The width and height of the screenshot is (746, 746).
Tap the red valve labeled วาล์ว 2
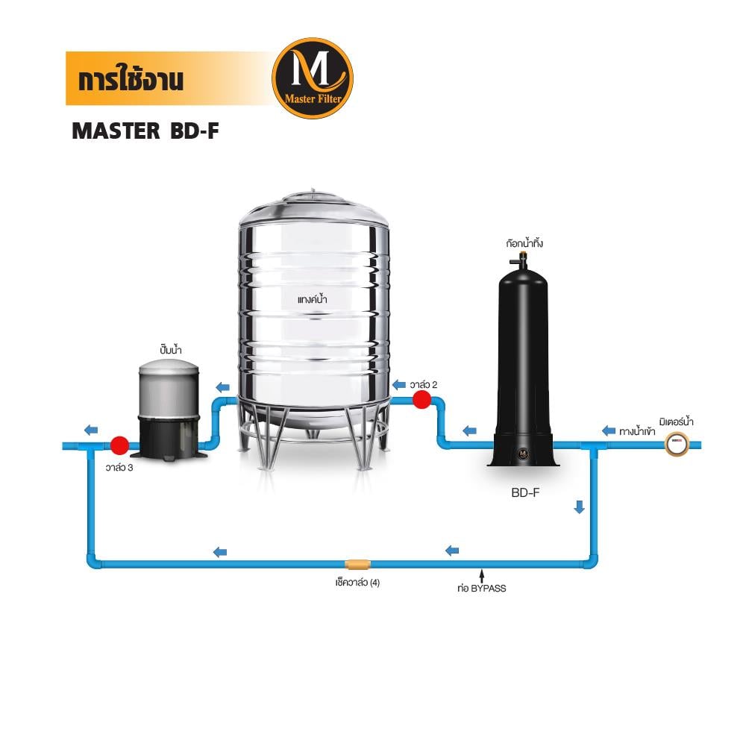point(421,400)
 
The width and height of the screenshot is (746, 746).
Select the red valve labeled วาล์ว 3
point(119,445)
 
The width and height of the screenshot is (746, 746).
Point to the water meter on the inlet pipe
point(676,445)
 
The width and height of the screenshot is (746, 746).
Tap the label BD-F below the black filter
point(525,492)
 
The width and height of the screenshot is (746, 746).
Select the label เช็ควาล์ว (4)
point(357,583)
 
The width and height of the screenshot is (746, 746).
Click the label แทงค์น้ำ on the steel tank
point(313,299)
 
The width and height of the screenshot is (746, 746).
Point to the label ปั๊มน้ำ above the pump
point(171,350)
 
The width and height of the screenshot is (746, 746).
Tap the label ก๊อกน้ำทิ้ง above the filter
point(522,243)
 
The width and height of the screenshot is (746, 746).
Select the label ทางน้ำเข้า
point(637,431)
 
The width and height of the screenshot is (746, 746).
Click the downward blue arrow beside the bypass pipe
point(579,507)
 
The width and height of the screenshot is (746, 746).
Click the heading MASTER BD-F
point(145,131)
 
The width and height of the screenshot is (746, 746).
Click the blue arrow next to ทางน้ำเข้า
point(609,430)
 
